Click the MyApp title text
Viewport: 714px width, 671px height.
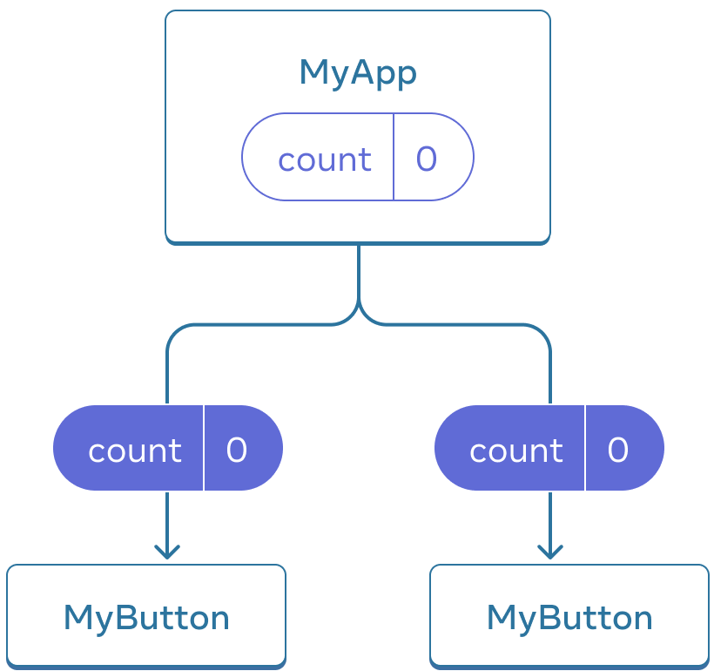pyautogui.click(x=357, y=73)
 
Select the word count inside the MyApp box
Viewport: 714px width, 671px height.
pyautogui.click(x=324, y=159)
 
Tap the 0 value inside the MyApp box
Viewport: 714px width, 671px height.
pyautogui.click(x=426, y=159)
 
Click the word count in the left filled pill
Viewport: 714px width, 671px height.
pyautogui.click(x=134, y=451)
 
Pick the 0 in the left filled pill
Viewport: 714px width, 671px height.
pyautogui.click(x=237, y=450)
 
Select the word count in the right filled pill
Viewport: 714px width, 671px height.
pyautogui.click(x=515, y=451)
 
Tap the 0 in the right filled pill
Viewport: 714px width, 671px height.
pyautogui.click(x=617, y=450)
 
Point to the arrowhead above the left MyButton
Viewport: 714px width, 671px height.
pyautogui.click(x=167, y=552)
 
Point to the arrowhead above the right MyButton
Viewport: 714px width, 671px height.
pyautogui.click(x=549, y=552)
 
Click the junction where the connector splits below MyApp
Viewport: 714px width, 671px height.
pyautogui.click(x=358, y=312)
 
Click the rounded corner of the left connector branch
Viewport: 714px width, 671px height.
pyautogui.click(x=174, y=332)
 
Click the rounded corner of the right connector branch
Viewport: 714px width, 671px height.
pyautogui.click(x=542, y=332)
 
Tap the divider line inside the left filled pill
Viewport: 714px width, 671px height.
pyautogui.click(x=204, y=447)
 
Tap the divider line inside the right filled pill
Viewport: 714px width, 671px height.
pyautogui.click(x=585, y=447)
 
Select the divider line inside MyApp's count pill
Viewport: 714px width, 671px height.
pyautogui.click(x=394, y=157)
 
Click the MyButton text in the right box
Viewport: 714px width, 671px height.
pyautogui.click(x=569, y=618)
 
